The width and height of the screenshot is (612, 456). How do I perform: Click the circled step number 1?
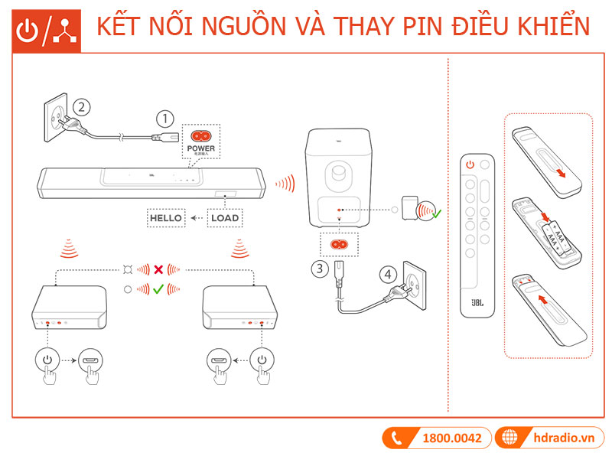(x=164, y=119)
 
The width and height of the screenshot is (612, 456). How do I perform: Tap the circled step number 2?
(x=83, y=106)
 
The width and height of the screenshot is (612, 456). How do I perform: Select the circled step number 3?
(x=319, y=269)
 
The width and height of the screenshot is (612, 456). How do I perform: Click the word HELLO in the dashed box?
(x=166, y=218)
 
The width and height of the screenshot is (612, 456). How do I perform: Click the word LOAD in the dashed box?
(x=224, y=218)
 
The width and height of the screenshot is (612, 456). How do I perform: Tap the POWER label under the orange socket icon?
(x=201, y=148)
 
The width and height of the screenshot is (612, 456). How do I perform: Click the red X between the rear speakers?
(x=158, y=270)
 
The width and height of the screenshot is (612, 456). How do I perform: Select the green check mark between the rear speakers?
(x=158, y=289)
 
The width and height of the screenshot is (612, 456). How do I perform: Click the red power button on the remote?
(x=470, y=164)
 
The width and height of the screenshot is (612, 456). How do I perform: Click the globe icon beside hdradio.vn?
(x=507, y=438)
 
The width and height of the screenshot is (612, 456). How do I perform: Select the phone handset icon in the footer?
(x=396, y=438)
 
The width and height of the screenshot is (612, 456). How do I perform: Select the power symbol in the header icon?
(x=28, y=29)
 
